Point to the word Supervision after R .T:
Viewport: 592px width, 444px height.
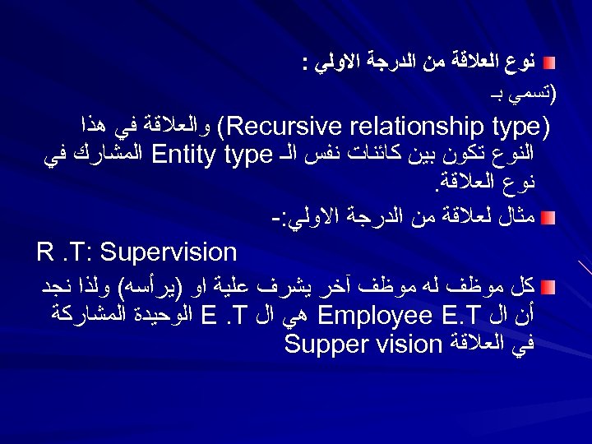point(169,251)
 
